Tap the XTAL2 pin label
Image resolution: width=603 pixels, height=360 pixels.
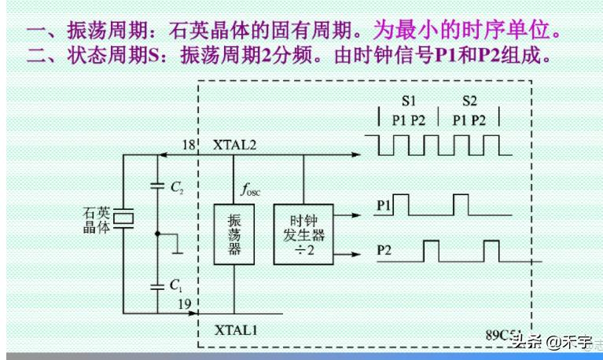click(x=234, y=145)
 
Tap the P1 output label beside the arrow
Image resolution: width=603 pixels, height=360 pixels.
click(x=384, y=207)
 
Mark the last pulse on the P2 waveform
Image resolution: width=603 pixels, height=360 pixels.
click(x=491, y=251)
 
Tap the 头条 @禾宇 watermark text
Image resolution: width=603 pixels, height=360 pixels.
click(x=550, y=343)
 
